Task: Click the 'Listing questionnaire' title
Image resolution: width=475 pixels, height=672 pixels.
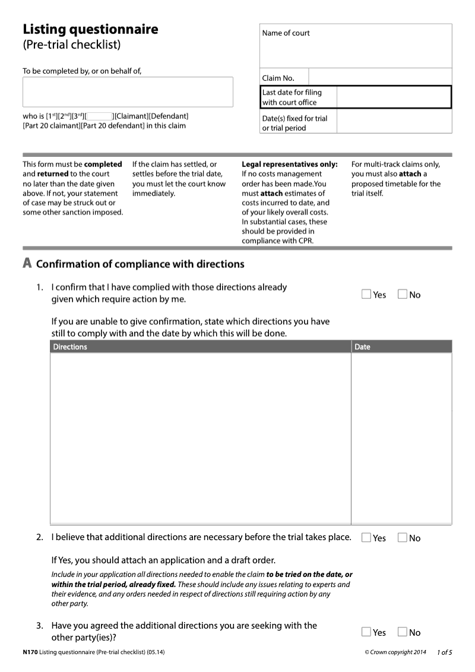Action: tap(90, 29)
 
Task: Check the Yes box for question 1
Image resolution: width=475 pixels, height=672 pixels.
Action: tap(366, 294)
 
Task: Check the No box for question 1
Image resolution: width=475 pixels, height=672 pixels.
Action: tap(402, 294)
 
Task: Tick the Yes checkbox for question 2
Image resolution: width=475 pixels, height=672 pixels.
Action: tap(366, 538)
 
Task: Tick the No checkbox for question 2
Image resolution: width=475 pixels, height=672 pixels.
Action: tap(402, 538)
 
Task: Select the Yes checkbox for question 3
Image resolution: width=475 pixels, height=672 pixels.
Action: tap(366, 632)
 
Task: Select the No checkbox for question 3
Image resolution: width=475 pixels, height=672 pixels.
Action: tap(402, 632)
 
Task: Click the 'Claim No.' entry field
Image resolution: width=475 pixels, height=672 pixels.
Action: tap(380, 77)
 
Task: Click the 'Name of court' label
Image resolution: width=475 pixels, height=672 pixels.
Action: tap(286, 33)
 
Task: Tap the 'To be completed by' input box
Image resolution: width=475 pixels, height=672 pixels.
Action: tap(128, 92)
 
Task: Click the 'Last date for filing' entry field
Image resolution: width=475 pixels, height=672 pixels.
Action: tap(394, 97)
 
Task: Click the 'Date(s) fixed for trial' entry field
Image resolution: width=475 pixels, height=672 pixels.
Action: tap(394, 122)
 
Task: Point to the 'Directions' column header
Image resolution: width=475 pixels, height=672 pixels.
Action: tap(70, 347)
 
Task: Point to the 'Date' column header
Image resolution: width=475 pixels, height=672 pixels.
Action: tap(362, 347)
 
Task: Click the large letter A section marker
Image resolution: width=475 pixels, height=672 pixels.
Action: tap(27, 263)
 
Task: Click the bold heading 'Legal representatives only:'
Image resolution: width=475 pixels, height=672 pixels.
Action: tap(289, 164)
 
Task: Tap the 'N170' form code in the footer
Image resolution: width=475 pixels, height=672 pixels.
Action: tap(30, 652)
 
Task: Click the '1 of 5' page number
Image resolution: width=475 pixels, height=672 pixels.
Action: tap(444, 652)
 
